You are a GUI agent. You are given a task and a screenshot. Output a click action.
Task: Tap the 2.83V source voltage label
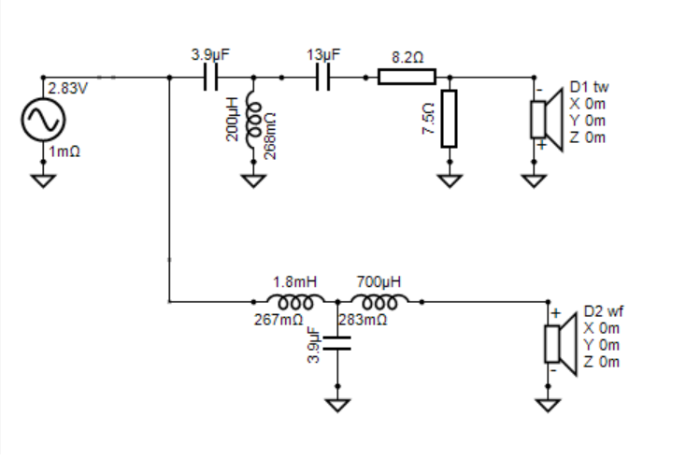coord(68,89)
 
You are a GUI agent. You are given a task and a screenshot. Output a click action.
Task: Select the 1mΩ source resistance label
coord(64,151)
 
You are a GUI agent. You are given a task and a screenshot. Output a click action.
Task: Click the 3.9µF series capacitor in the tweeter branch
coord(210,78)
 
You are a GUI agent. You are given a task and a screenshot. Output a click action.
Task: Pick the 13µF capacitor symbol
coord(322,78)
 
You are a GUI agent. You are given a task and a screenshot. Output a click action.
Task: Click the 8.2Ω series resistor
coord(407,77)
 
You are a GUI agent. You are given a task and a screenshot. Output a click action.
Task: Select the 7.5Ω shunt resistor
coord(450,119)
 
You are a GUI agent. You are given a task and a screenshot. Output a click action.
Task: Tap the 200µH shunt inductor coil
coord(253,119)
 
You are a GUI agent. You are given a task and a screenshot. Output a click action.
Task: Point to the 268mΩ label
coord(270,137)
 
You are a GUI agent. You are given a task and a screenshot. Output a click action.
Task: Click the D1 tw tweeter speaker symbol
coord(547,120)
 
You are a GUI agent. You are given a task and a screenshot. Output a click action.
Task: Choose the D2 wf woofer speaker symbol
coord(561,344)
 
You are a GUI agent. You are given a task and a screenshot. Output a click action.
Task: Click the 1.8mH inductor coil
coord(295,302)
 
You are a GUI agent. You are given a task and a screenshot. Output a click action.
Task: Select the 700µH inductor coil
coord(379,302)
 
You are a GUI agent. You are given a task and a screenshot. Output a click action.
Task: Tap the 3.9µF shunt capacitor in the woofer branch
coord(337,343)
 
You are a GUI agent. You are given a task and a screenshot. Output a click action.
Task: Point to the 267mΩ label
coord(279,320)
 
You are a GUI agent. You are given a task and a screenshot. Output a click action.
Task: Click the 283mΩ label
coord(363,320)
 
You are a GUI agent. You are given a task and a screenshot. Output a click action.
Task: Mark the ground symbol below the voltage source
coord(43,180)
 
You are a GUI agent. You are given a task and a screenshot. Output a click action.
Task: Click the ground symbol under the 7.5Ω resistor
coord(450,180)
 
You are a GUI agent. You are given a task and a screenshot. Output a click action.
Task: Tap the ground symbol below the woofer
coord(548,405)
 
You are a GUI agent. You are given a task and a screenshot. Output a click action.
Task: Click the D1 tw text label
coord(589,87)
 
